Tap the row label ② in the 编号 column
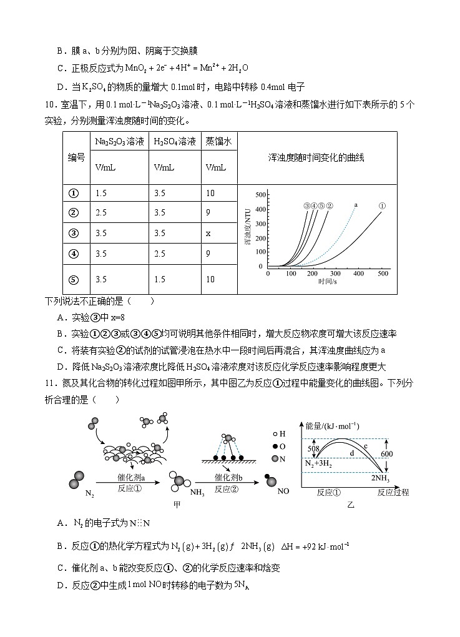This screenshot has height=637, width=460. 74,212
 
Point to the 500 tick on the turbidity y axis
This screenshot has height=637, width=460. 262,195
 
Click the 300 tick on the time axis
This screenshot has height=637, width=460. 337,274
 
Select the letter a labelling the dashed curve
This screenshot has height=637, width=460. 355,204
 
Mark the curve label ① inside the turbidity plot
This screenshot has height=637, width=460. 383,205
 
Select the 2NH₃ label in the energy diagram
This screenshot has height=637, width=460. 381,478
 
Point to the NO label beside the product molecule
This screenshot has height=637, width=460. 283,491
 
